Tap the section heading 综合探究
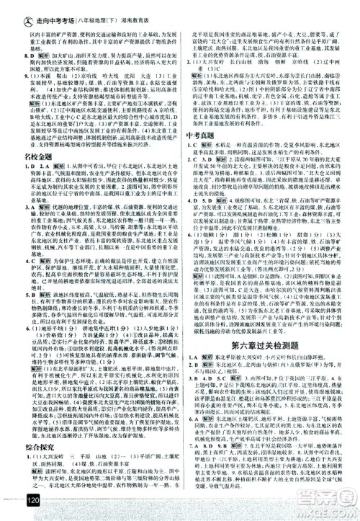[x=27, y=433]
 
